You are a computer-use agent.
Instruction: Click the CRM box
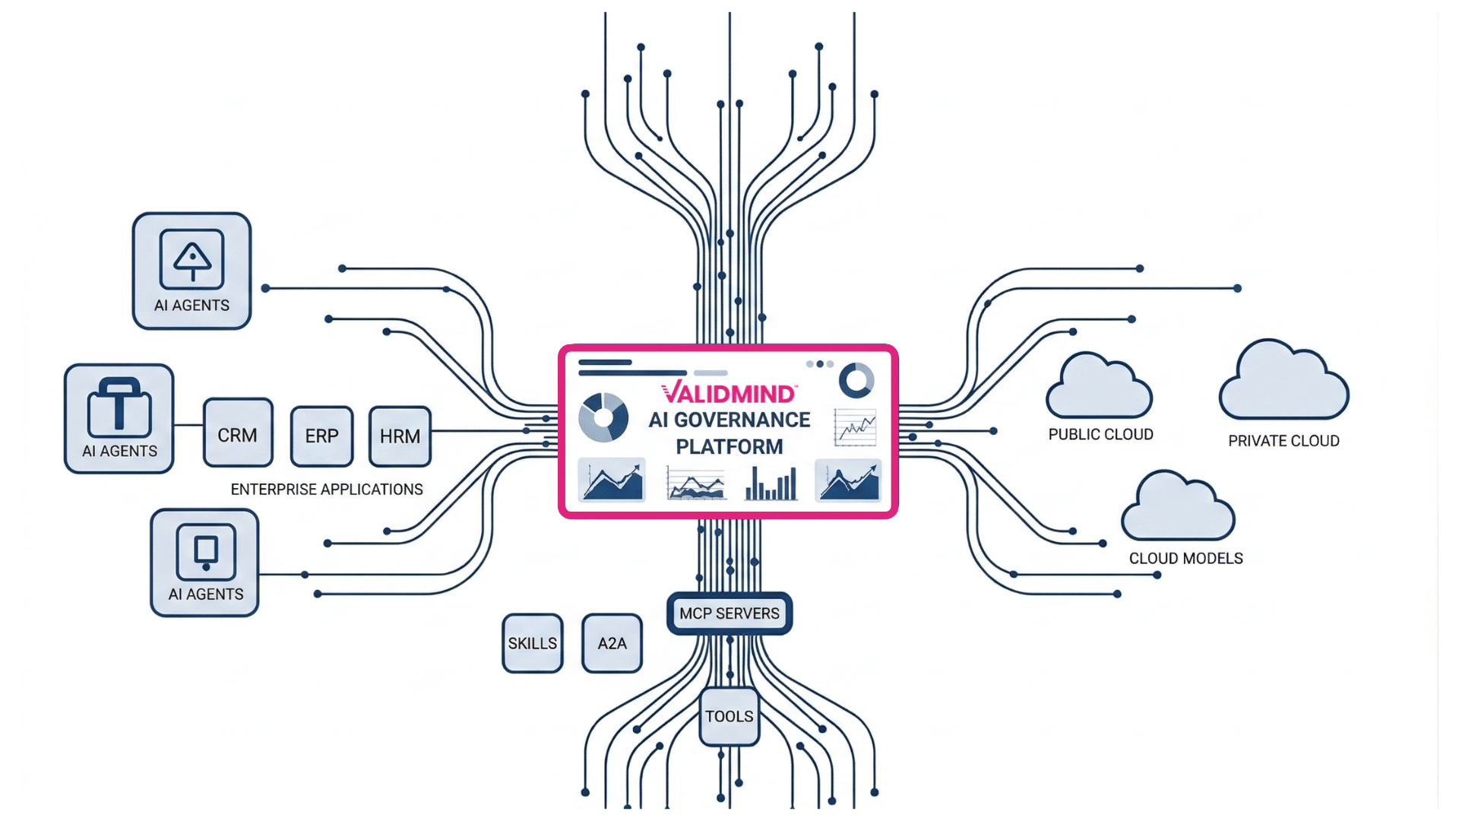[238, 433]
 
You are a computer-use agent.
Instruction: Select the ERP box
[321, 436]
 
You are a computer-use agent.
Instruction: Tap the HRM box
[400, 436]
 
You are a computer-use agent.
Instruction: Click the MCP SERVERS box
[729, 613]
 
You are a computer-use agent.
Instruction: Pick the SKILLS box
[532, 643]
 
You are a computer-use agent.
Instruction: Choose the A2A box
[612, 643]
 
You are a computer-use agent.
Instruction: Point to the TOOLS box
[729, 716]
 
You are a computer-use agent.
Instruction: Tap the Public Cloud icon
[1099, 386]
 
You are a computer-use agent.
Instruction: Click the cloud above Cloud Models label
[1178, 507]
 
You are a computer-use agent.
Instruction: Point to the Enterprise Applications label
[327, 490]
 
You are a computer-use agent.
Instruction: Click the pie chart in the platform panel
[603, 417]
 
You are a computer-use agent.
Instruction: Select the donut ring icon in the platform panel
[856, 380]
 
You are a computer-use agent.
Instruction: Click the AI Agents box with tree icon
[191, 271]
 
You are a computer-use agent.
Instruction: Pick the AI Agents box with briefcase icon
[119, 419]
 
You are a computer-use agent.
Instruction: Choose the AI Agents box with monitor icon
[205, 563]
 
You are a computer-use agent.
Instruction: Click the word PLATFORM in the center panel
[729, 447]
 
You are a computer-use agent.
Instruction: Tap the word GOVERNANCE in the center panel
[742, 420]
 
